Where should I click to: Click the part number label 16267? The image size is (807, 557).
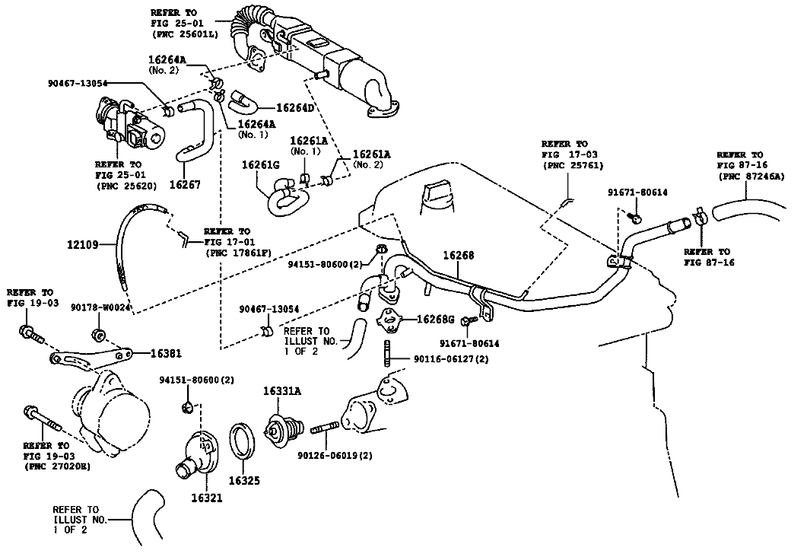(x=184, y=184)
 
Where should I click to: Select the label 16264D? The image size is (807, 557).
(x=295, y=107)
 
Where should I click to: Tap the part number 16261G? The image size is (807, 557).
(x=260, y=164)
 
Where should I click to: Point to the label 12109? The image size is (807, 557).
(x=82, y=245)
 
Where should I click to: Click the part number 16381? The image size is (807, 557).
(x=166, y=354)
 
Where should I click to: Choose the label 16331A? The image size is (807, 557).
(x=282, y=390)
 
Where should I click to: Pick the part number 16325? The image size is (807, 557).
(x=244, y=481)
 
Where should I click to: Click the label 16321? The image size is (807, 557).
(x=206, y=498)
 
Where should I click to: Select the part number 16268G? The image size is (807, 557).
(x=435, y=320)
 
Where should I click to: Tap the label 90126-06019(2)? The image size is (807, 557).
(x=335, y=456)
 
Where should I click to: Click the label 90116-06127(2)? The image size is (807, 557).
(x=451, y=359)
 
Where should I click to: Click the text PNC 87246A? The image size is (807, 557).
(x=751, y=177)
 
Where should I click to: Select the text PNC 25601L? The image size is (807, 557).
(x=185, y=34)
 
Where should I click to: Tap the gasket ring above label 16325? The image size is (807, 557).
(x=241, y=441)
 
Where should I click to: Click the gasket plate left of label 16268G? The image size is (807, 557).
(x=389, y=320)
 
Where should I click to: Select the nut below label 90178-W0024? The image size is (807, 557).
(x=97, y=334)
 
